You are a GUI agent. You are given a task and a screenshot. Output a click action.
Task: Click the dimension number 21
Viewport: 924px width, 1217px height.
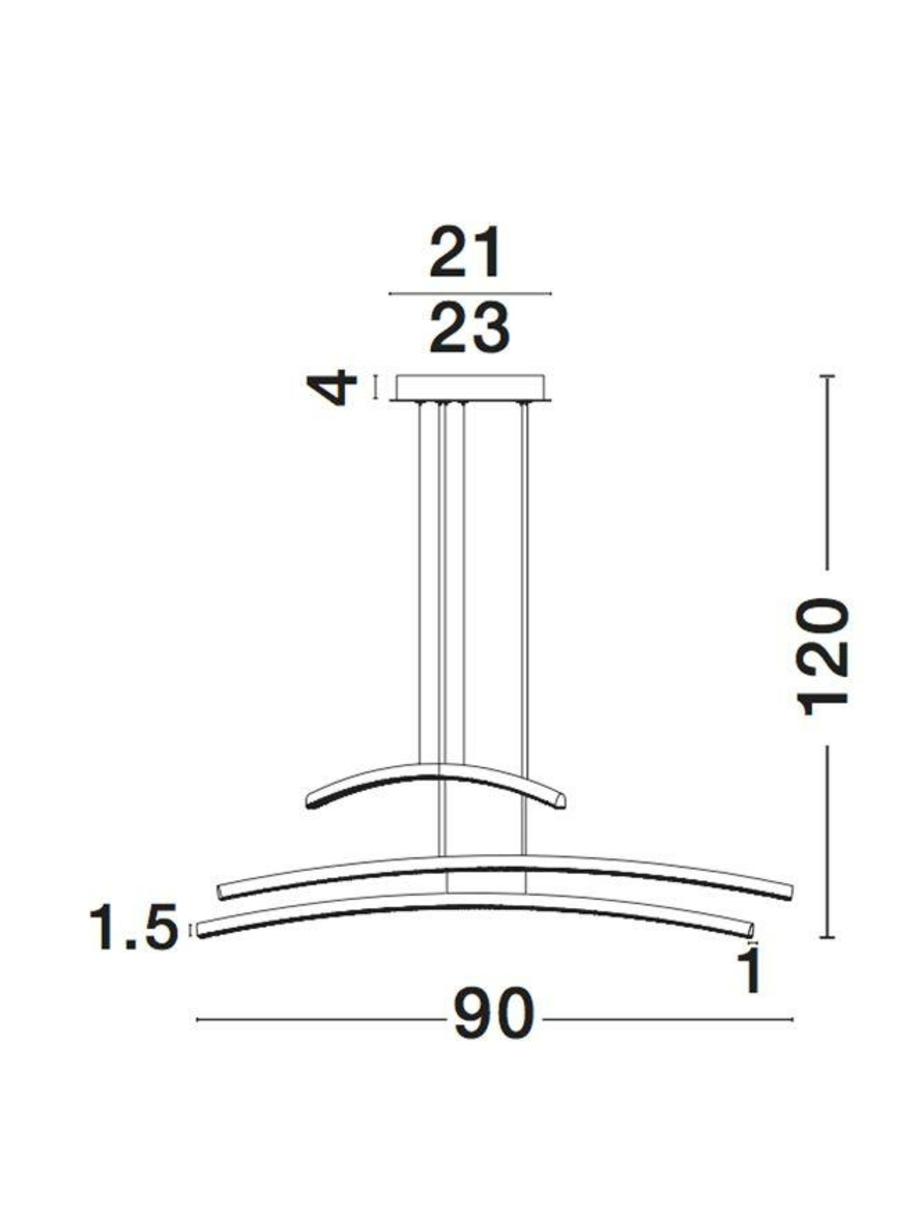(x=465, y=254)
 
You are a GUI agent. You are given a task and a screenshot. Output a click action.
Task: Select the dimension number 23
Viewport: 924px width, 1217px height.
(x=469, y=328)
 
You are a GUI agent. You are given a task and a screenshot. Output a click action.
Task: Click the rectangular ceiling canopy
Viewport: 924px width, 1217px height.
(x=471, y=388)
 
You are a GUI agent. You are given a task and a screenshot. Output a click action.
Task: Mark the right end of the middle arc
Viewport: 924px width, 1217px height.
(x=790, y=892)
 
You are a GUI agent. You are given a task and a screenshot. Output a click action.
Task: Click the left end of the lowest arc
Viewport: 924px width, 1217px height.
(x=200, y=930)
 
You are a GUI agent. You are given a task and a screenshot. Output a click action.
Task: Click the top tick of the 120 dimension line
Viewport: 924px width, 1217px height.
(x=827, y=376)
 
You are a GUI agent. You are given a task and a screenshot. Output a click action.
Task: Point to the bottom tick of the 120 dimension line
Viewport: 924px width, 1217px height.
(x=827, y=937)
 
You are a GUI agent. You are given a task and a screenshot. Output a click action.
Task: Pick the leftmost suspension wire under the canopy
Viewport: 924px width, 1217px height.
(x=421, y=578)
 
